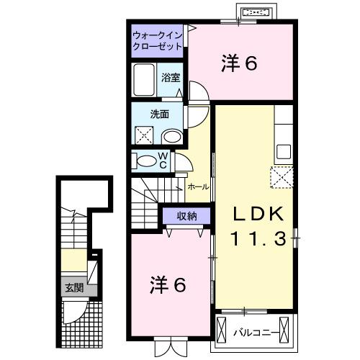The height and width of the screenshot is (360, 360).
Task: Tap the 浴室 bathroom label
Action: coord(170,76)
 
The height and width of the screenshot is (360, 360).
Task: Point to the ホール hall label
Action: coord(198,186)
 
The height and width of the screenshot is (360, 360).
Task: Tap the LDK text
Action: coord(261,214)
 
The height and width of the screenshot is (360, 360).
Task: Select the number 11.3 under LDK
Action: coord(261,237)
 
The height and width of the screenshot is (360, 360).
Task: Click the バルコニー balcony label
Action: coord(257,333)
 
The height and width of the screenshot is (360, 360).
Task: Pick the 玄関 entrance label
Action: coord(74,288)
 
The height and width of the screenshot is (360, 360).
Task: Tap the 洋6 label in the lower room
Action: coord(168,284)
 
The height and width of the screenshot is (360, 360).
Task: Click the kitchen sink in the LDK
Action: coord(283,152)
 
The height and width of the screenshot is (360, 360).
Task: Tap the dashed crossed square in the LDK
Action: coord(279,176)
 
